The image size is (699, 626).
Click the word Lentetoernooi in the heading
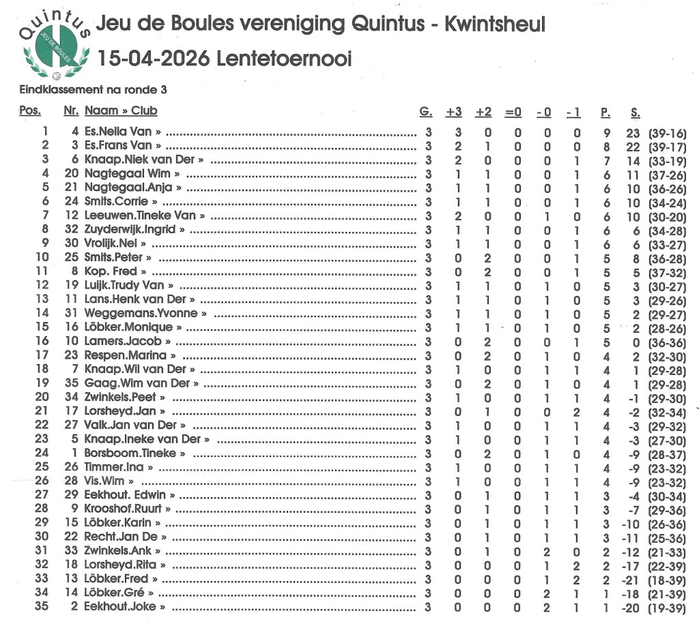coord(284,59)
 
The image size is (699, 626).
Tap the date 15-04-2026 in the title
coord(154,59)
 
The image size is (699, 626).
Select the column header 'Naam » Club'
coord(121,111)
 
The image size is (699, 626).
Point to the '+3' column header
coord(454,112)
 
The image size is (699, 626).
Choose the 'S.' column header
coord(635,112)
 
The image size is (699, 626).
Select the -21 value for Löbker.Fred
coord(631,579)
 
